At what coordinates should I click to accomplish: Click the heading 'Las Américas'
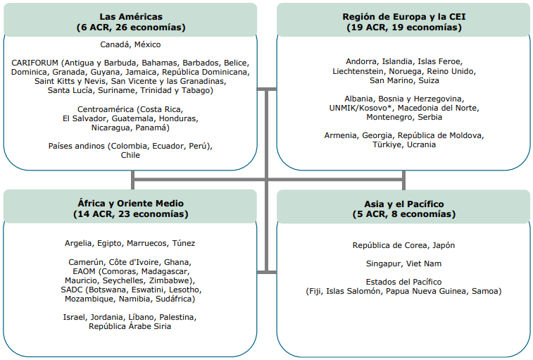131,17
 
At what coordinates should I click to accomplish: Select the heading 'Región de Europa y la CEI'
404,17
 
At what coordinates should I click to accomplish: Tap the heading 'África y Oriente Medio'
130,204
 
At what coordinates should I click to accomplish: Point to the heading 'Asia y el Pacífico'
404,204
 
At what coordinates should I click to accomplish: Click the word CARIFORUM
35,63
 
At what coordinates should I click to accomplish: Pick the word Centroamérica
106,109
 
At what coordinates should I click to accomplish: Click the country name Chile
130,155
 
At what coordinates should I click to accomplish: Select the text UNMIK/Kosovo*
360,108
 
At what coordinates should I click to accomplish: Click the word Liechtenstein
358,71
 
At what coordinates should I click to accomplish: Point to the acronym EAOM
84,271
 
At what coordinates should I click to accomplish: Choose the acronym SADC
72,290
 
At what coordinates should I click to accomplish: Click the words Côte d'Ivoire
134,262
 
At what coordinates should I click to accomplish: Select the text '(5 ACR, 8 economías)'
404,214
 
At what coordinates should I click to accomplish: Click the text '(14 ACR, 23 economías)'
130,214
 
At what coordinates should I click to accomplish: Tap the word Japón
444,246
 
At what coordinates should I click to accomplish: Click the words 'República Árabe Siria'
130,326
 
